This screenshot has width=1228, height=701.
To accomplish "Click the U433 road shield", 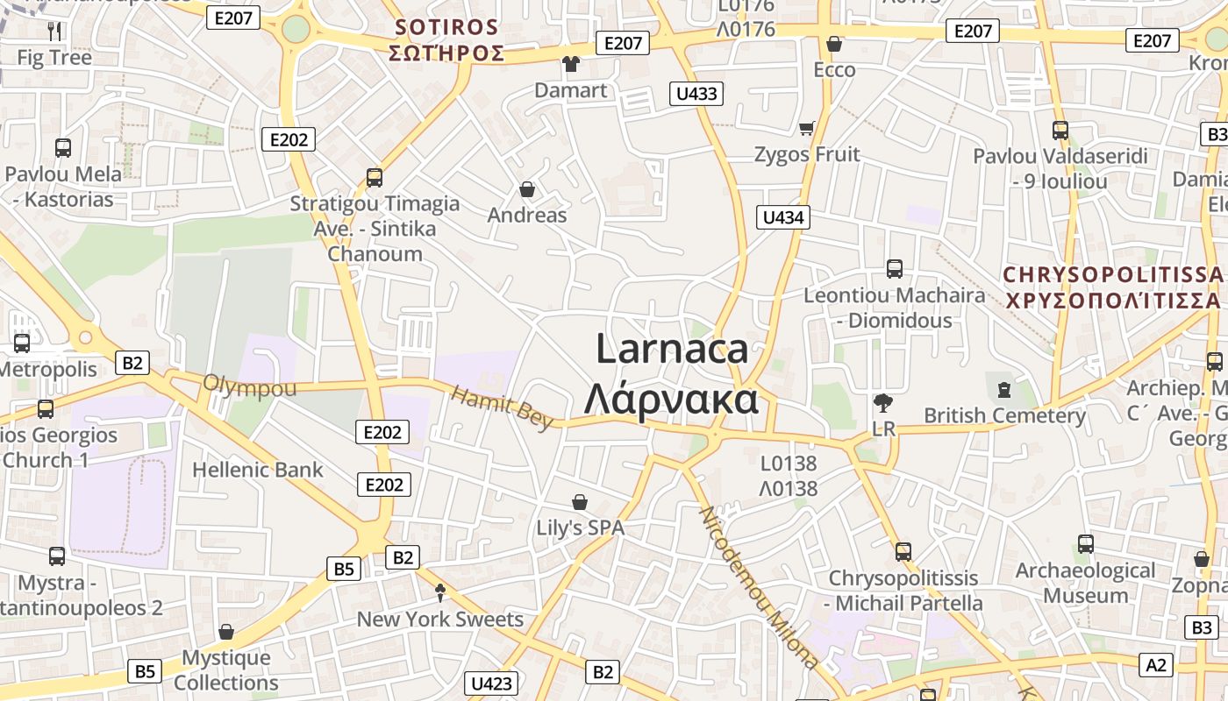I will [697, 94].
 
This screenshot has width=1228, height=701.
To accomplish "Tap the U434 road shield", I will [783, 217].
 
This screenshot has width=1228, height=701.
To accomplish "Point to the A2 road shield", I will [1157, 664].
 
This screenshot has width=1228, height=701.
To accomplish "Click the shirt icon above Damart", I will [571, 64].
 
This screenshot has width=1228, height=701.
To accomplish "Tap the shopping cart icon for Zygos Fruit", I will [807, 129].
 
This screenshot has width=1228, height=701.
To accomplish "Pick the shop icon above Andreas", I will [527, 189].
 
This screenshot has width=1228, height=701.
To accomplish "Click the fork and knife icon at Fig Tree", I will [54, 32].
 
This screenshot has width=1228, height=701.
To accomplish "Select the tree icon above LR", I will [883, 403].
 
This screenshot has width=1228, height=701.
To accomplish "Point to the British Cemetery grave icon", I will [1004, 388].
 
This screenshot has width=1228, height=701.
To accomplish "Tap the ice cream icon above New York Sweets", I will [440, 593].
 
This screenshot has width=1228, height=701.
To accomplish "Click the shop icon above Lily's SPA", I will [579, 502].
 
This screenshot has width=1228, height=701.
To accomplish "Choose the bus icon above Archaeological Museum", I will [1085, 544].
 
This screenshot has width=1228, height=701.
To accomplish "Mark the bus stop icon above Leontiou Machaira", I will [895, 269].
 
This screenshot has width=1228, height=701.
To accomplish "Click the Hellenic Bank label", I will [258, 470].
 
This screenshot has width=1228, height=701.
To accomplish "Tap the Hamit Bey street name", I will [502, 407].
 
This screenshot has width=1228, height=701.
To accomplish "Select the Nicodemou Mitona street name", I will [759, 587].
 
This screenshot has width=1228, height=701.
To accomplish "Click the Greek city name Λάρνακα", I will [671, 400].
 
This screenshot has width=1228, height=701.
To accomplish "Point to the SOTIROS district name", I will [446, 27].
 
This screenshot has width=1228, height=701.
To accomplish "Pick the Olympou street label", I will [249, 386].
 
